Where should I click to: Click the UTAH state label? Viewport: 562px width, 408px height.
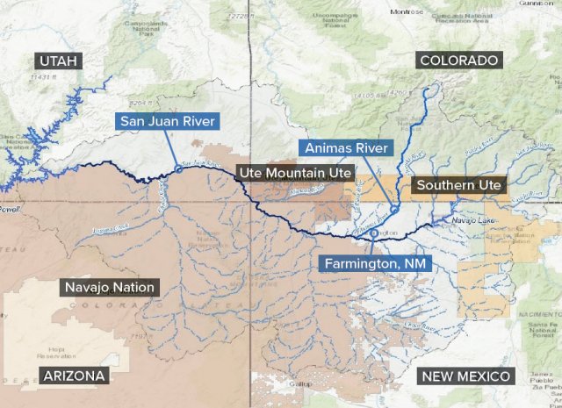[x=57, y=61]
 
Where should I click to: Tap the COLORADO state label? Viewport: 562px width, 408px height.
[x=458, y=61]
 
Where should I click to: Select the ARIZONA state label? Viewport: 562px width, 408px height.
[x=73, y=376]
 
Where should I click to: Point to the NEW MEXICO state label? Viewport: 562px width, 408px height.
[x=466, y=376]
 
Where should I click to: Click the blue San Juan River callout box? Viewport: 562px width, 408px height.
[x=167, y=122]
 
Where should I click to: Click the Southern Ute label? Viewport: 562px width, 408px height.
[x=458, y=185]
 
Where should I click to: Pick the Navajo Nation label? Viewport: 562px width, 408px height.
[x=109, y=287]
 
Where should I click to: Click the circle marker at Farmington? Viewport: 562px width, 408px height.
[x=373, y=234]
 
